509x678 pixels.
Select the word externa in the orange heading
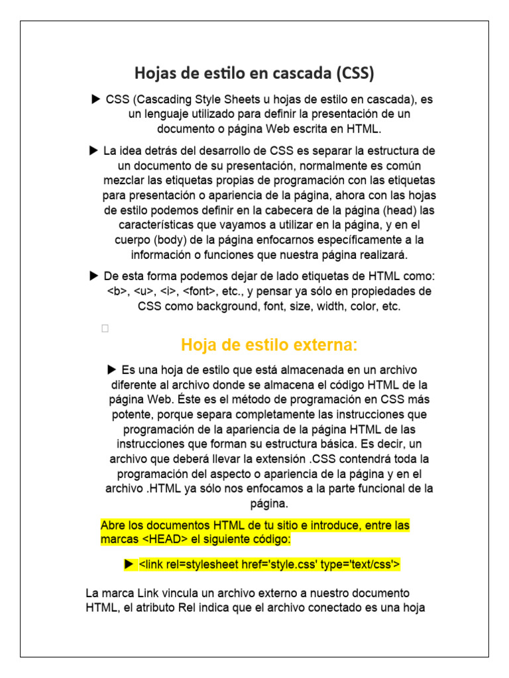(x=324, y=345)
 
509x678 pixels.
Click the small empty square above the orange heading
(x=105, y=328)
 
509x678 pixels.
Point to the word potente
(x=132, y=415)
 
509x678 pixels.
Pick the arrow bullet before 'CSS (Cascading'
(x=95, y=100)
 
